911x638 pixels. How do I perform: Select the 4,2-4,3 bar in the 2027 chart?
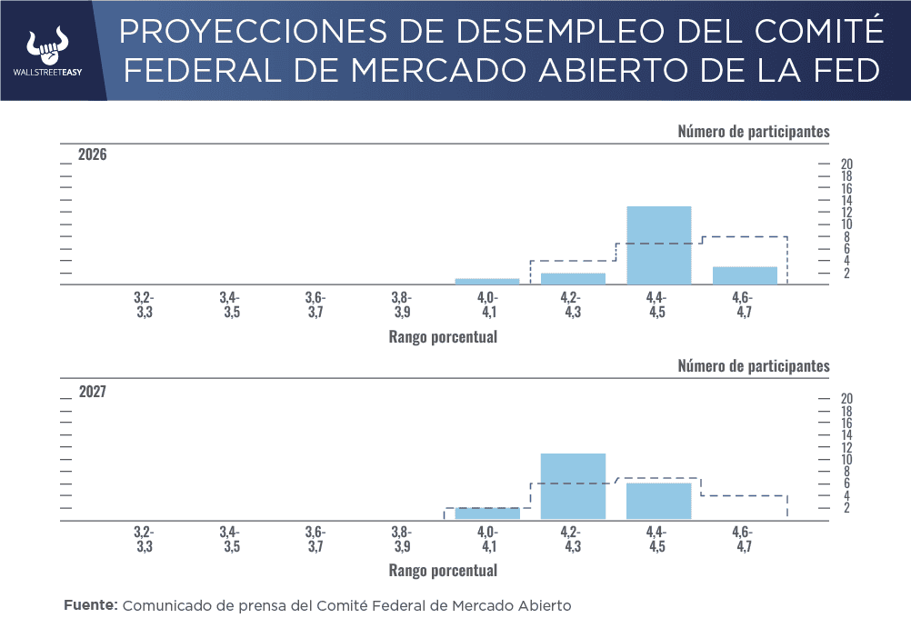click(573, 486)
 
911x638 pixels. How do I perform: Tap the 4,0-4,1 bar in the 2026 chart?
click(487, 281)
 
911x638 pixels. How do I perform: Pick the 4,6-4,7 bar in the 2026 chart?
click(745, 275)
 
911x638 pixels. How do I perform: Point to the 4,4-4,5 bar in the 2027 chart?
click(659, 501)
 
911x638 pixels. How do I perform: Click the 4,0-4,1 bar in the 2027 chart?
click(487, 513)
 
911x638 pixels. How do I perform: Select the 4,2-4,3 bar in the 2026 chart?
click(573, 278)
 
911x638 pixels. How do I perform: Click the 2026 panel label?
click(93, 155)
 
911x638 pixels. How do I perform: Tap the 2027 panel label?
click(93, 392)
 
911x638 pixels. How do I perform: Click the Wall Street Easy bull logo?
click(53, 44)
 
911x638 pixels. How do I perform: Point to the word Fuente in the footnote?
click(90, 605)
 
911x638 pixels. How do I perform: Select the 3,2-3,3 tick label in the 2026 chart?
click(144, 304)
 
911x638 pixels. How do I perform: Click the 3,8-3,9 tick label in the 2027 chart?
click(402, 539)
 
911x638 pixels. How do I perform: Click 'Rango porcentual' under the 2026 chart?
click(443, 336)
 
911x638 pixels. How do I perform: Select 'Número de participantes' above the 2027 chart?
click(754, 366)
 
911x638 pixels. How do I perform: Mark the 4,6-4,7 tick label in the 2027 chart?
click(743, 539)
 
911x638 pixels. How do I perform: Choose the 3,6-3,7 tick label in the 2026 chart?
click(315, 304)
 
